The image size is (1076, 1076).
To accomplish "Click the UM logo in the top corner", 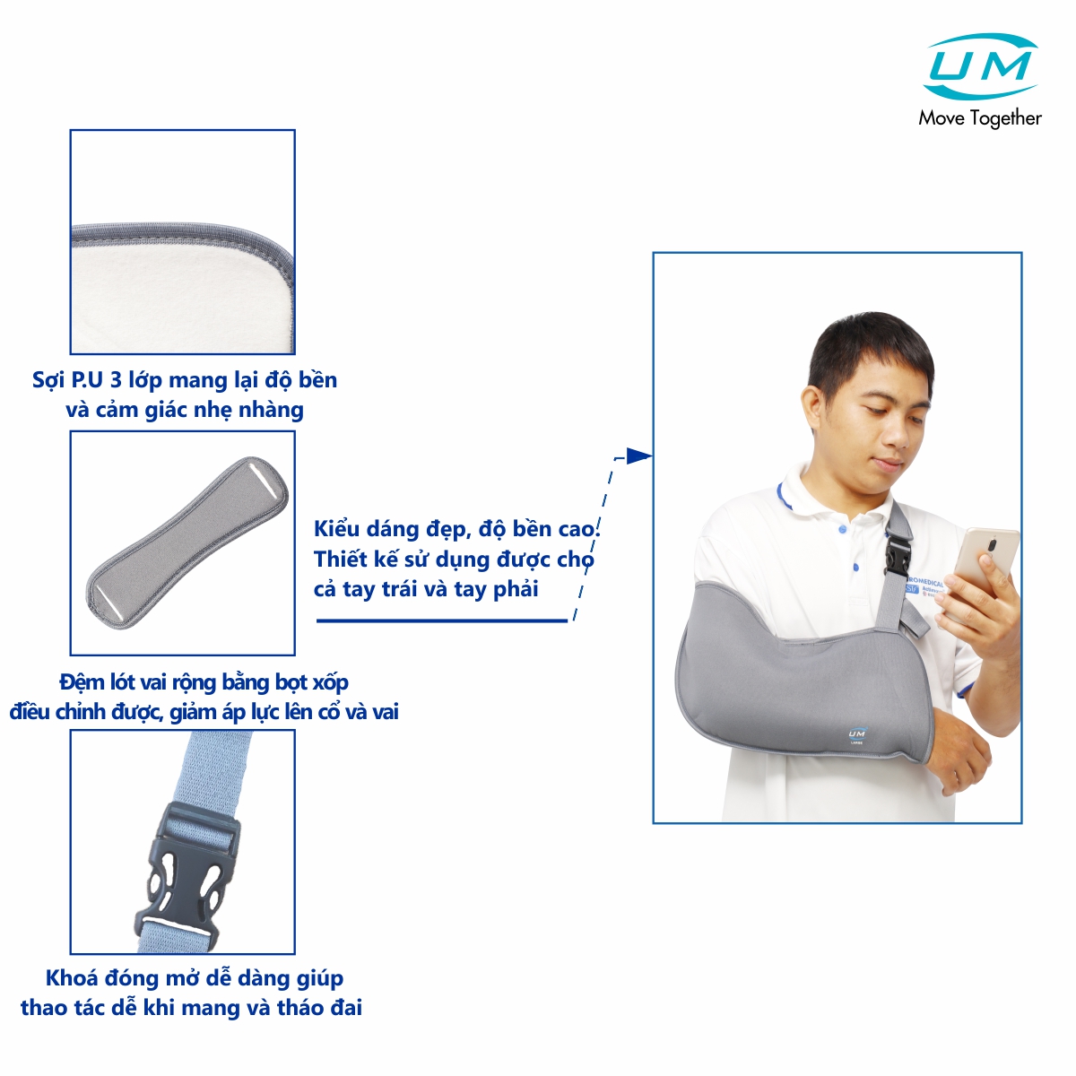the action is coord(981,66).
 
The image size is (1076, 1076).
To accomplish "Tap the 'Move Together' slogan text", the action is coord(980,118).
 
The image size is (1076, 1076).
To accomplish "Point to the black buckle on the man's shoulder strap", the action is coord(898,557).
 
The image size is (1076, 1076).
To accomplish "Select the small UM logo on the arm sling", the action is coord(856,735).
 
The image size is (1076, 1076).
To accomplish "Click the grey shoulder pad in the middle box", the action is coord(187,542).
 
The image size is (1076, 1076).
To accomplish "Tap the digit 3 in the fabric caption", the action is coord(117,379).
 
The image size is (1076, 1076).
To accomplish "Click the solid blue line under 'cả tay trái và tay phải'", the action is coord(442,620).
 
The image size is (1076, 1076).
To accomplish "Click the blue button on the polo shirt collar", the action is coord(841,529).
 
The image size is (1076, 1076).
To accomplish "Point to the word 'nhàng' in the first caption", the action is coord(271,411).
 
